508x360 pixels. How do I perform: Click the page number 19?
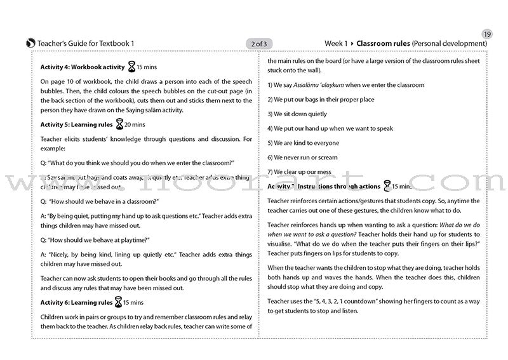click(487, 34)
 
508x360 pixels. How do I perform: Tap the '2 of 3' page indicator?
click(259, 43)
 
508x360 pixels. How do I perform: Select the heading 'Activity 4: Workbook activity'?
click(80, 65)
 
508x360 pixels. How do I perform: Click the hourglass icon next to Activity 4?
click(132, 65)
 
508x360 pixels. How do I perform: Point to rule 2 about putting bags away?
click(321, 100)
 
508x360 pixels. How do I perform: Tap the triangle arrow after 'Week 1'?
click(352, 43)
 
